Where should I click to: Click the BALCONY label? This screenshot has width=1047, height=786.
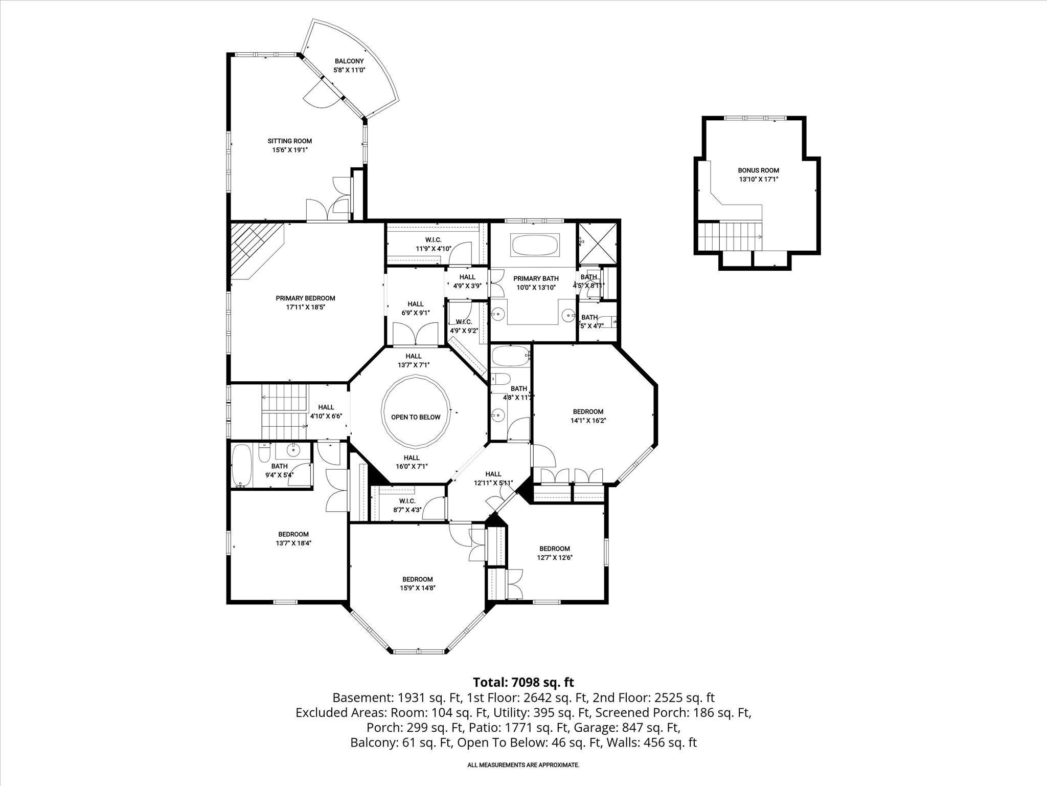[349, 65]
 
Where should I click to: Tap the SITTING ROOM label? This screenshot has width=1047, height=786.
[289, 145]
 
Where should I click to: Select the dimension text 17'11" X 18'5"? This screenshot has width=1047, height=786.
[305, 308]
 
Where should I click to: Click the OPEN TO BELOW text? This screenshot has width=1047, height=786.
[415, 417]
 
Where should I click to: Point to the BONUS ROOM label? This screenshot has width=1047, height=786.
[758, 174]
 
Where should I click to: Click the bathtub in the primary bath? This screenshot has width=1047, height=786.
[535, 245]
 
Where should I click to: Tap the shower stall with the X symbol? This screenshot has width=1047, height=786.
[597, 243]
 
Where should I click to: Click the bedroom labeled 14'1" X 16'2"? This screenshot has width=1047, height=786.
[588, 416]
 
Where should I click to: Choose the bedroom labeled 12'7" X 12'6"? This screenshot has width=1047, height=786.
[554, 553]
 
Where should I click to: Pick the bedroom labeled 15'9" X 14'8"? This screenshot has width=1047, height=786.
[417, 583]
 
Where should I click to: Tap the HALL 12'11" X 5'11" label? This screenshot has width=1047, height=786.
[493, 478]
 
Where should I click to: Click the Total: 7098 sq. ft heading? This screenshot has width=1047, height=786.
[523, 682]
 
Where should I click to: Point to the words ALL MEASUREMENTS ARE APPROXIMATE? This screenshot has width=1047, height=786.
[523, 765]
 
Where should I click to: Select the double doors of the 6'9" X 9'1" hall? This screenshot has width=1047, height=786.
[415, 334]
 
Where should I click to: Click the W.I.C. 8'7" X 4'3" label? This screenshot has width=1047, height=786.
[407, 505]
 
